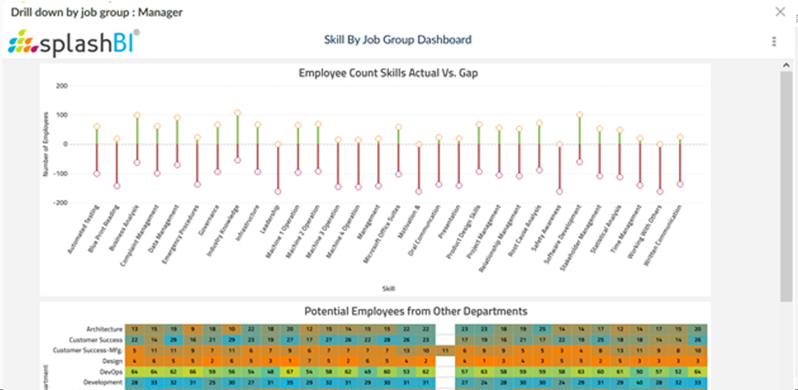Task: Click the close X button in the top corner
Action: tap(780, 12)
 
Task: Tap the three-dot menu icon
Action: tap(774, 41)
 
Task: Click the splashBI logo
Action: tap(74, 42)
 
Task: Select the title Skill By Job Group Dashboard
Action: tap(397, 40)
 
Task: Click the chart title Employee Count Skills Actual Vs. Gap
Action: tap(388, 73)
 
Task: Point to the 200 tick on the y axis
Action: tap(61, 86)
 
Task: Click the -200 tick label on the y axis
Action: tap(60, 203)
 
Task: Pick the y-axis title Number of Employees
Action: tap(46, 145)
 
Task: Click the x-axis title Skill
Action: tap(388, 288)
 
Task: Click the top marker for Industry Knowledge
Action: tap(238, 113)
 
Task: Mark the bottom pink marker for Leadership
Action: tap(277, 192)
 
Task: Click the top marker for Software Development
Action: tap(579, 115)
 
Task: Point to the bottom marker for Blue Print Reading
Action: tap(117, 186)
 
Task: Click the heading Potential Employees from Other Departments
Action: tap(415, 312)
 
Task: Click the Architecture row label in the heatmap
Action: tap(105, 329)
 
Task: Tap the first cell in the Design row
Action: tap(134, 361)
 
